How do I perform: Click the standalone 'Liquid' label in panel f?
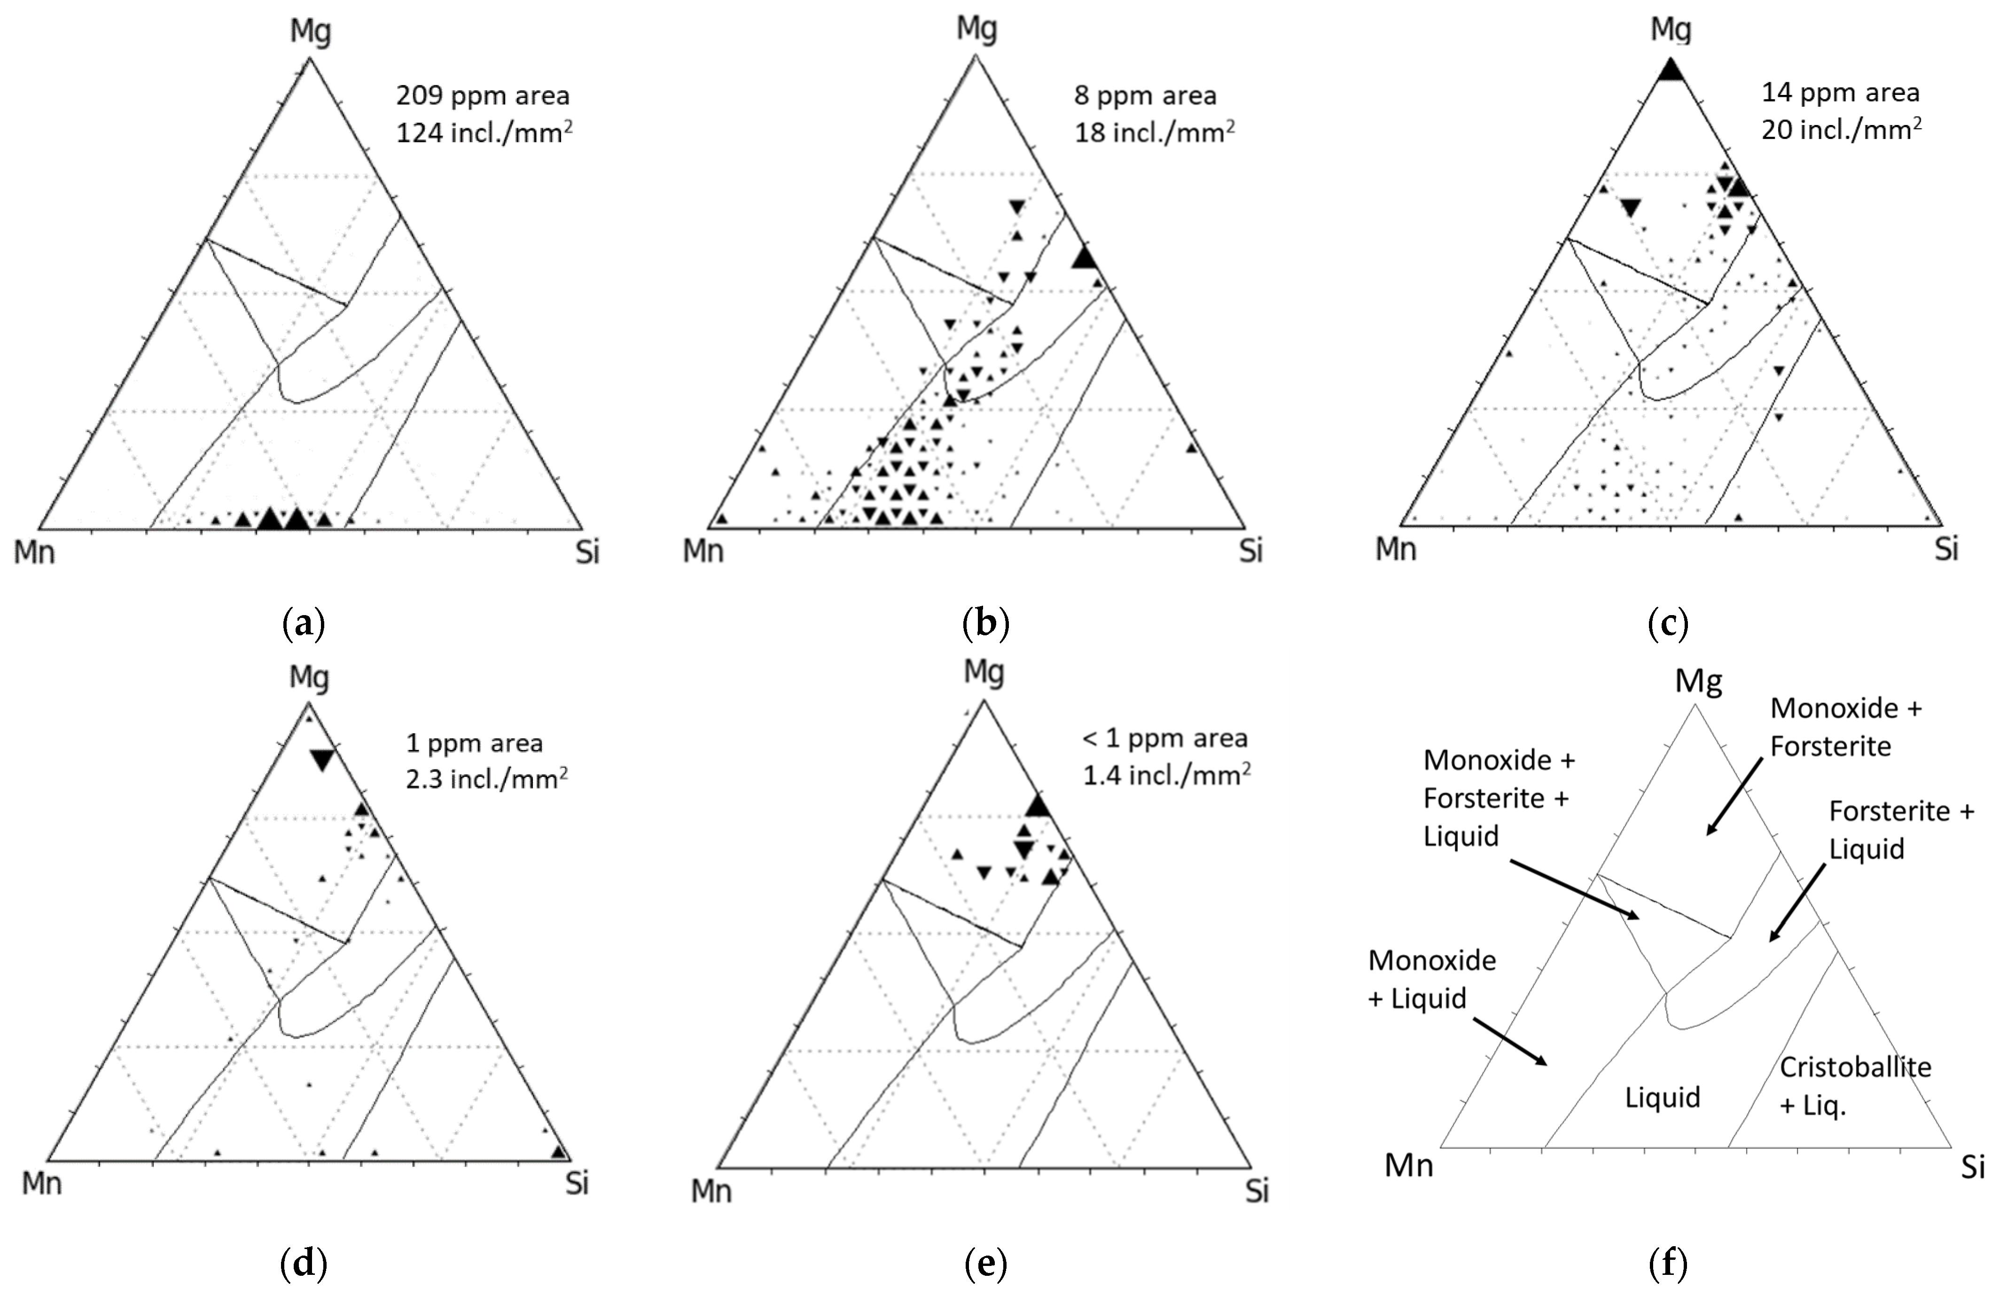pyautogui.click(x=1662, y=1097)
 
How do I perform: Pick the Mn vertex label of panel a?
pyautogui.click(x=34, y=553)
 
